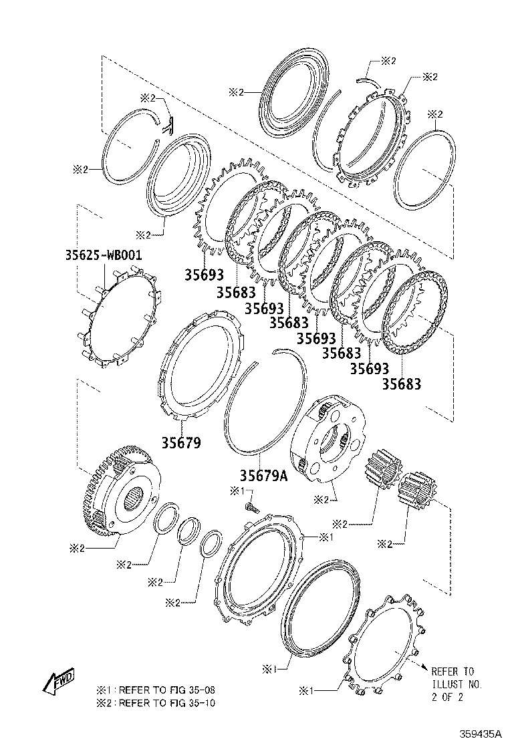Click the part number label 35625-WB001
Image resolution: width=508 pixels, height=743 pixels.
104,255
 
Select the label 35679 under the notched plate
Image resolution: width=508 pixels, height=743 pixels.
180,442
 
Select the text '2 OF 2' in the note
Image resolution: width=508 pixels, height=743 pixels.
447,697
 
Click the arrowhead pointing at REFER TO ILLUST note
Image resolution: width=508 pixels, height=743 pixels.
422,666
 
